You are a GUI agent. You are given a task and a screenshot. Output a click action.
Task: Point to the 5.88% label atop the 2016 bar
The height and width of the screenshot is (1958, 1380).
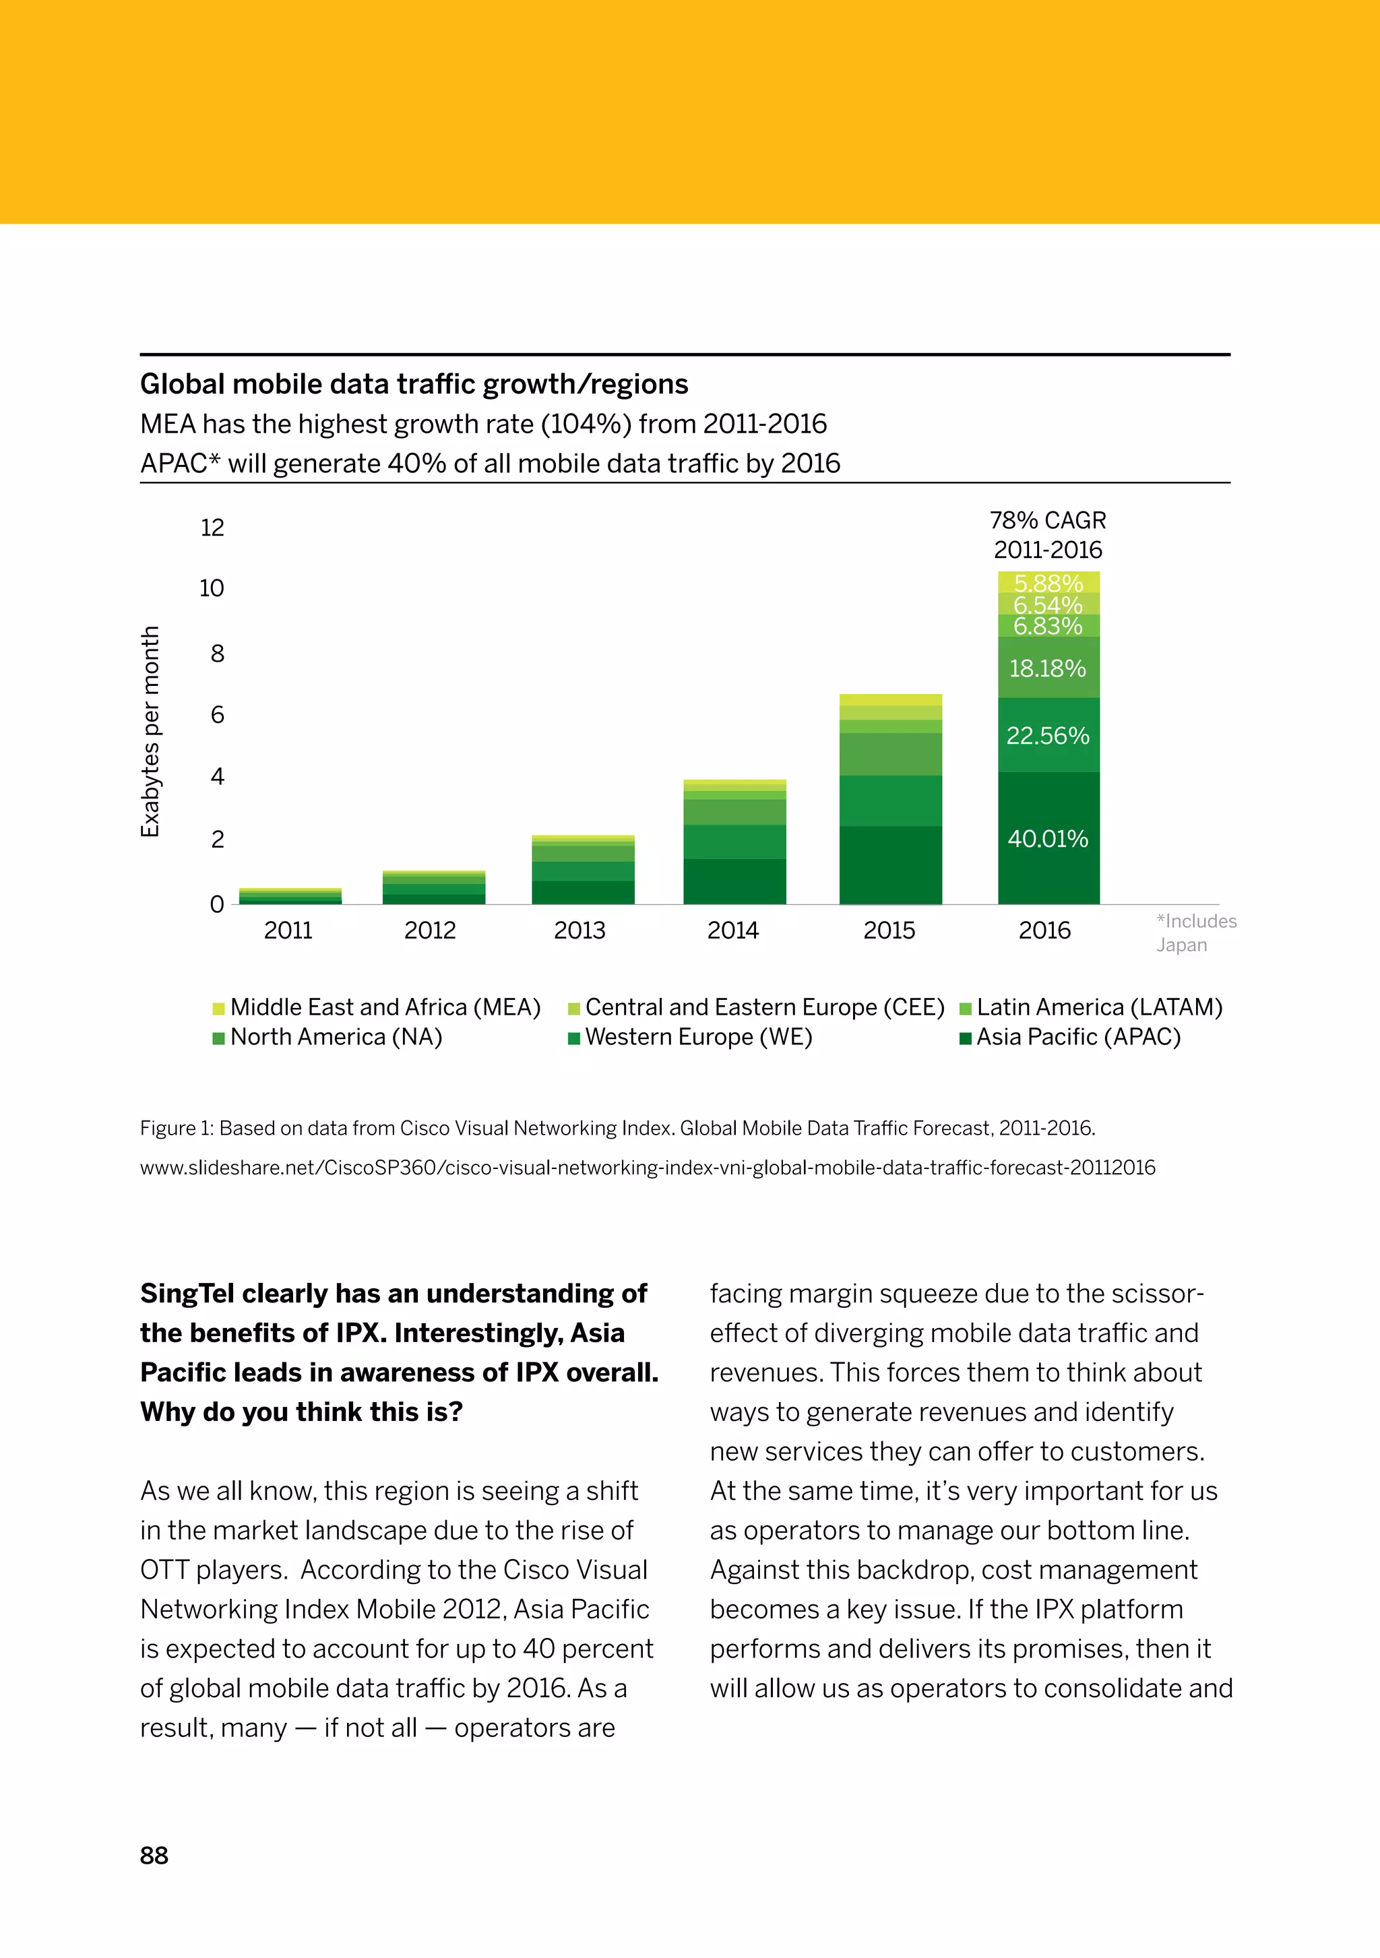pyautogui.click(x=1048, y=583)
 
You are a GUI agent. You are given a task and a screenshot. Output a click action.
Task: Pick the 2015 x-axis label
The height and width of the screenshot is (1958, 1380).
pyautogui.click(x=889, y=930)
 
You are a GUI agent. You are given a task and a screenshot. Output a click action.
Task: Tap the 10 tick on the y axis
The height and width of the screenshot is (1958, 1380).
pyautogui.click(x=212, y=588)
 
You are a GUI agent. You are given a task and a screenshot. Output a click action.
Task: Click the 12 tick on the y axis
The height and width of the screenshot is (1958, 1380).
pyautogui.click(x=212, y=528)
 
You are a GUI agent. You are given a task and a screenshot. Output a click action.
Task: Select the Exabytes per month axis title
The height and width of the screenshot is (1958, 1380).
pyautogui.click(x=150, y=732)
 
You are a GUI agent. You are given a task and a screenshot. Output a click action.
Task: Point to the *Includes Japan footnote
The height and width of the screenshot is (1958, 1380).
pyautogui.click(x=1196, y=933)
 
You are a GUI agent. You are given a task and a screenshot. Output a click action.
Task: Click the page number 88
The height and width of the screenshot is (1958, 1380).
pyautogui.click(x=154, y=1856)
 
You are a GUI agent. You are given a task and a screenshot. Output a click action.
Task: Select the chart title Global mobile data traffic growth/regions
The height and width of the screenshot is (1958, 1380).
pyautogui.click(x=414, y=385)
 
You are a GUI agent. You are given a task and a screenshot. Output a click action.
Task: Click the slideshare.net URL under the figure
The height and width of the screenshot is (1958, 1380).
pyautogui.click(x=648, y=1168)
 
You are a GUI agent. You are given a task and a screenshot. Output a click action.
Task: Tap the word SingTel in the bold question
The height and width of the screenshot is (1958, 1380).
pyautogui.click(x=187, y=1294)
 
